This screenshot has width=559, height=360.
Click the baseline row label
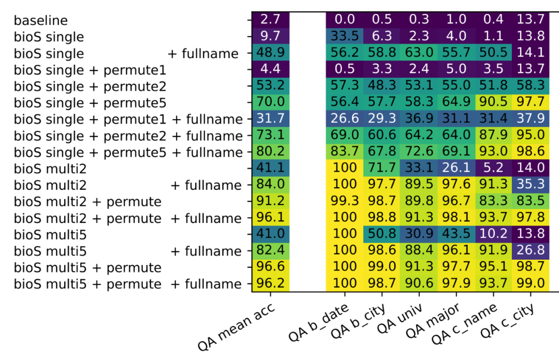(x=40, y=21)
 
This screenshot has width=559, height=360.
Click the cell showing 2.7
(x=270, y=20)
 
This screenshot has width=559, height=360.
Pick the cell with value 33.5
(x=344, y=36)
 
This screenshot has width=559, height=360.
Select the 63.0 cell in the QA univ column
(x=418, y=53)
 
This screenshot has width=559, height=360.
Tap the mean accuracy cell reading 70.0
(x=270, y=102)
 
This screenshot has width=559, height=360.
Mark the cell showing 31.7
(x=270, y=119)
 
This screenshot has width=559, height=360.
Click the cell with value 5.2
(x=493, y=169)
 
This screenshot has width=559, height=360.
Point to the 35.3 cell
(x=530, y=185)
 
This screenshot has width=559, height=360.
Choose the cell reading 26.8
(x=530, y=251)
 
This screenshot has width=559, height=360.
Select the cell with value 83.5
(x=530, y=202)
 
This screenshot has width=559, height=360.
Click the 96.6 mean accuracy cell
(x=270, y=268)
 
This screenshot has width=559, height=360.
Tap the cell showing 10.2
(x=493, y=235)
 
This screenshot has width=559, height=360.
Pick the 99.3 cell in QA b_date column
(x=344, y=202)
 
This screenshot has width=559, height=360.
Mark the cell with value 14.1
(x=530, y=53)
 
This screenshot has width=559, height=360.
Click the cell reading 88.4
(x=418, y=251)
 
